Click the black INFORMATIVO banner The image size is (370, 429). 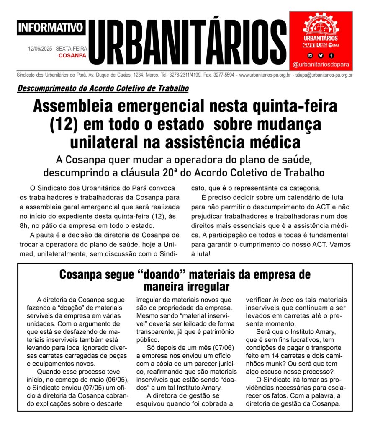click(x=51, y=28)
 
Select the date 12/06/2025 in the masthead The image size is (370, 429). click(x=40, y=49)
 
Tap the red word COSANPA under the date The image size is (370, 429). click(x=72, y=55)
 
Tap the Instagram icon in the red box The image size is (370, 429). click(x=310, y=55)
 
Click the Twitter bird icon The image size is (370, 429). click(x=321, y=55)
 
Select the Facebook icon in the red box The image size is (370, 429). click(x=331, y=55)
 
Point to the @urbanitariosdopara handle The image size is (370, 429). click(x=321, y=65)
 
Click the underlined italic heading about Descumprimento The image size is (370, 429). click(x=103, y=89)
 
